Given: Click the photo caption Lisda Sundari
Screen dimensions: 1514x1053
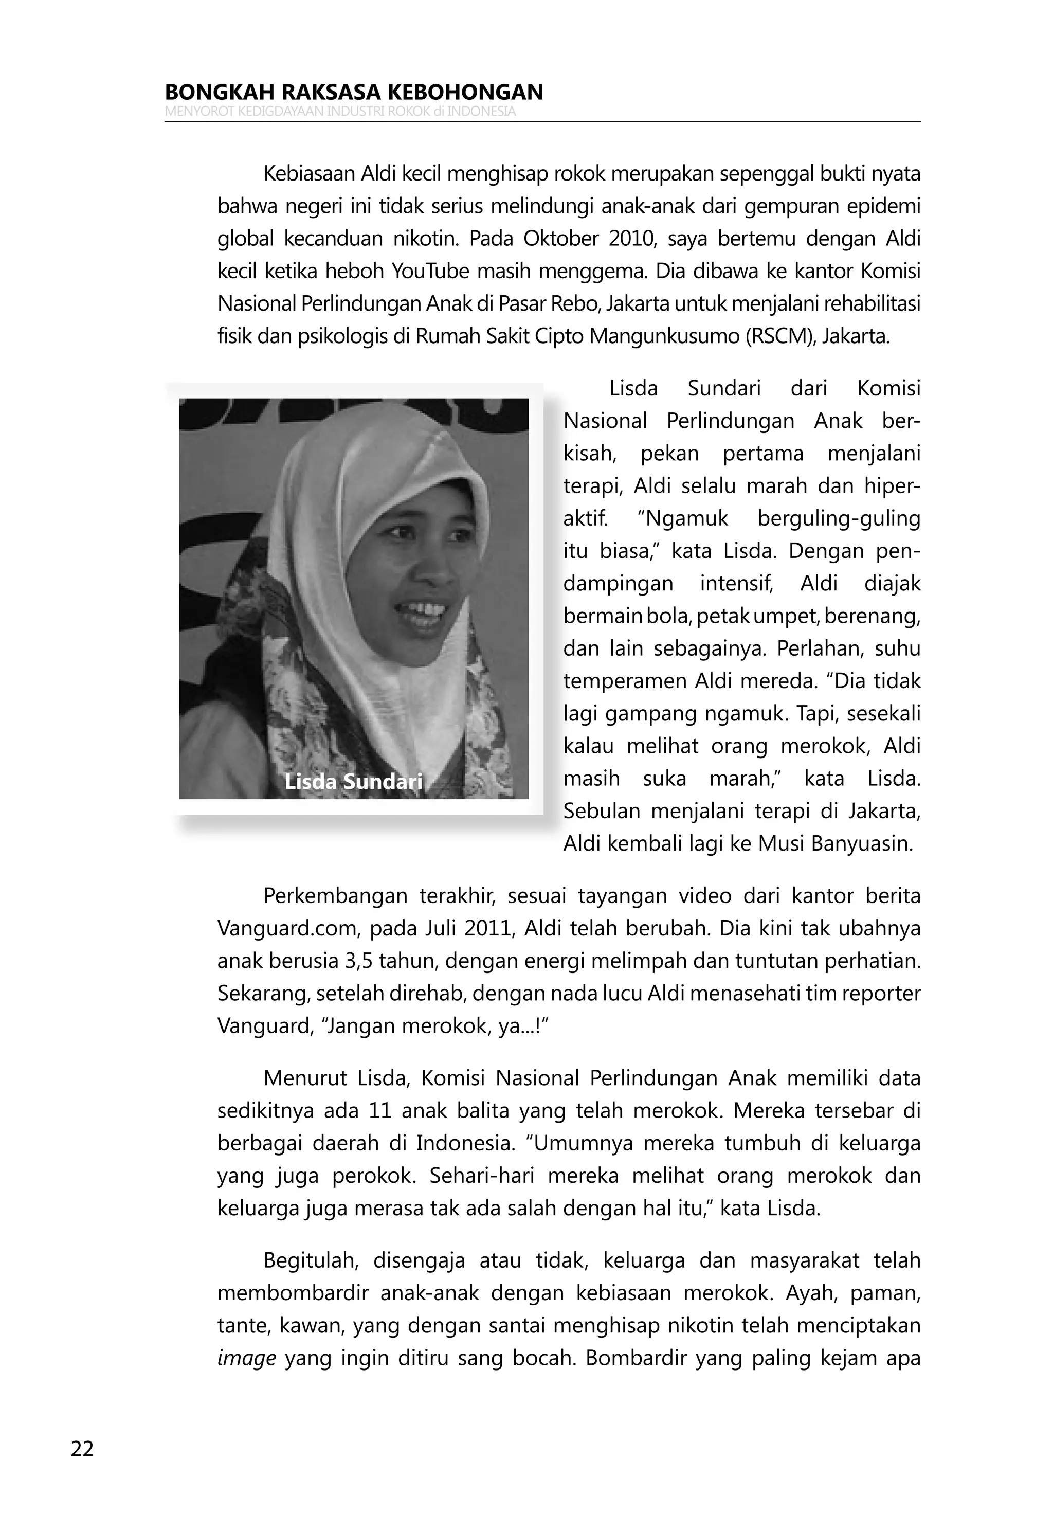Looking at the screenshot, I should pyautogui.click(x=353, y=782).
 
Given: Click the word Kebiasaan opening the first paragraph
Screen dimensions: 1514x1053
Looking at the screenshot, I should pyautogui.click(x=310, y=174).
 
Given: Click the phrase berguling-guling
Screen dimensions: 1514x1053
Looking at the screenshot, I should pyautogui.click(x=839, y=519).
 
